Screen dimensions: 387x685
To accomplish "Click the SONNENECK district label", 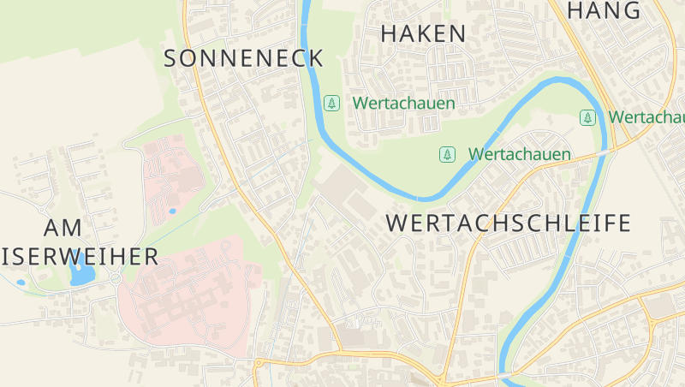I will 243,58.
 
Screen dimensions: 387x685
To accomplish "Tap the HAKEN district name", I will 423,34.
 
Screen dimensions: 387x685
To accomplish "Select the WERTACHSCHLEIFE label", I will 509,223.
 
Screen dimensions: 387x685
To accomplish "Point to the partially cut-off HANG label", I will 604,10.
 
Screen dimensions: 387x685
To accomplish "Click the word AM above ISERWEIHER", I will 63,228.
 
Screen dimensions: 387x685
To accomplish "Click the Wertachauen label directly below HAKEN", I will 403,103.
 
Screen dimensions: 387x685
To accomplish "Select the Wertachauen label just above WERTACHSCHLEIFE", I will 519,154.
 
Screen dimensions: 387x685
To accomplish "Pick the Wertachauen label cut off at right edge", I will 646,116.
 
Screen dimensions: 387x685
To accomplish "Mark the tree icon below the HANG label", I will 587,116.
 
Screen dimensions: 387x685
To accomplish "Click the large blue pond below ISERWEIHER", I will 82,274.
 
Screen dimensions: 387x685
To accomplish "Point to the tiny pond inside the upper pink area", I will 172,210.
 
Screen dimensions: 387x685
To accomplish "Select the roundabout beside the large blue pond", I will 115,278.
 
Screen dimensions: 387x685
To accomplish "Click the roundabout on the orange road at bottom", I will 258,363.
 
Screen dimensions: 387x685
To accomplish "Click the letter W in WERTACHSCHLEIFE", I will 397,223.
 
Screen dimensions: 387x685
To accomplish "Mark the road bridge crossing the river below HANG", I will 607,151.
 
